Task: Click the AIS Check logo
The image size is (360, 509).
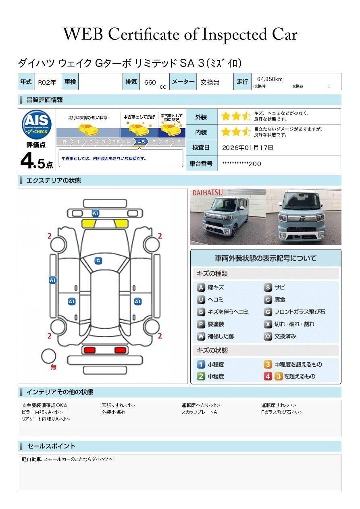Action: [37, 125]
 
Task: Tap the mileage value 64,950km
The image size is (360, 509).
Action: [270, 79]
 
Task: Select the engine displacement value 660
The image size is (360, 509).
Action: [150, 82]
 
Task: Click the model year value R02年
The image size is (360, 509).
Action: [47, 82]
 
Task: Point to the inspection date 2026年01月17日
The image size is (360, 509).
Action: [248, 148]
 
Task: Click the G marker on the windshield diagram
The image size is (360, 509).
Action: [98, 261]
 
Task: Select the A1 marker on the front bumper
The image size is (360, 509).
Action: [96, 213]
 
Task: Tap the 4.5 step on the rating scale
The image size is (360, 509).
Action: [141, 142]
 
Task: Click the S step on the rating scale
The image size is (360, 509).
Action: [179, 142]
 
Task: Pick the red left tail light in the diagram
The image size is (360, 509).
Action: [89, 350]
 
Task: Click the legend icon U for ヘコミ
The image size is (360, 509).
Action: [201, 300]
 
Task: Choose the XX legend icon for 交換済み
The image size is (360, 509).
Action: [268, 336]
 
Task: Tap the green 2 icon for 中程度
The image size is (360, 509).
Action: [201, 376]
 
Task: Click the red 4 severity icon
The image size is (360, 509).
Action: [268, 376]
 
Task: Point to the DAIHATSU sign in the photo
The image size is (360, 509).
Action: [208, 193]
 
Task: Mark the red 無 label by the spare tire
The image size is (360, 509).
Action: [53, 367]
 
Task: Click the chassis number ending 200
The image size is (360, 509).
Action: [241, 164]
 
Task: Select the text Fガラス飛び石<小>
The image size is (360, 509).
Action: [282, 412]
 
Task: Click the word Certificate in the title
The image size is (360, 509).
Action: [144, 34]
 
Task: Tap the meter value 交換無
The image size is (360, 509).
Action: [210, 82]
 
